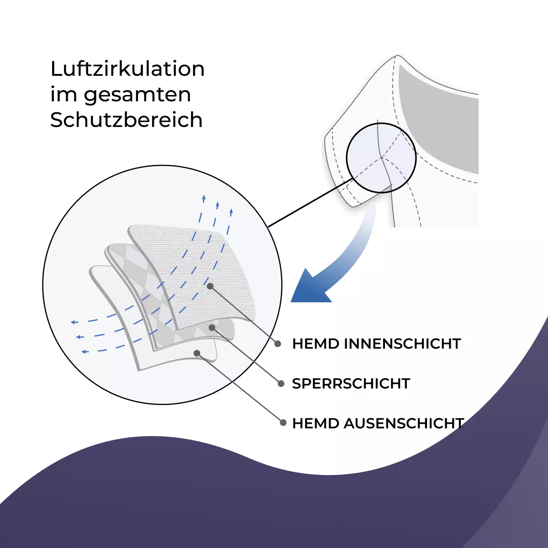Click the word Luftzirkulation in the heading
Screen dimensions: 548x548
[x=127, y=69]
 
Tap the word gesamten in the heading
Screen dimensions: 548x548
[x=137, y=95]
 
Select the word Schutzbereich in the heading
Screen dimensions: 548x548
[x=126, y=120]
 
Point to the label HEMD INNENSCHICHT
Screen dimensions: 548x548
[x=376, y=344]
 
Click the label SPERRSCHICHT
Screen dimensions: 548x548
[x=351, y=384]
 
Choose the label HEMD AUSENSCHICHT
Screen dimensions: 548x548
[x=378, y=423]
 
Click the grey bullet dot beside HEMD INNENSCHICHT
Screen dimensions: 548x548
[x=278, y=344]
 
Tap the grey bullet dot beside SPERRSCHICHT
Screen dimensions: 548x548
[x=281, y=384]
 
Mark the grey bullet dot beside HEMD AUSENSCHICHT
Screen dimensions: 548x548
[x=283, y=423]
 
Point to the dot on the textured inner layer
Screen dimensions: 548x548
[x=210, y=286]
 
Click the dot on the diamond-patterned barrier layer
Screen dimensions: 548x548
[x=212, y=328]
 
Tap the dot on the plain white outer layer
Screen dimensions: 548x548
[x=197, y=353]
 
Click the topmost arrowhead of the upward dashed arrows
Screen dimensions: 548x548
[x=204, y=198]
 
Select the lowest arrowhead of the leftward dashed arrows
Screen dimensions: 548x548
[x=85, y=352]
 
